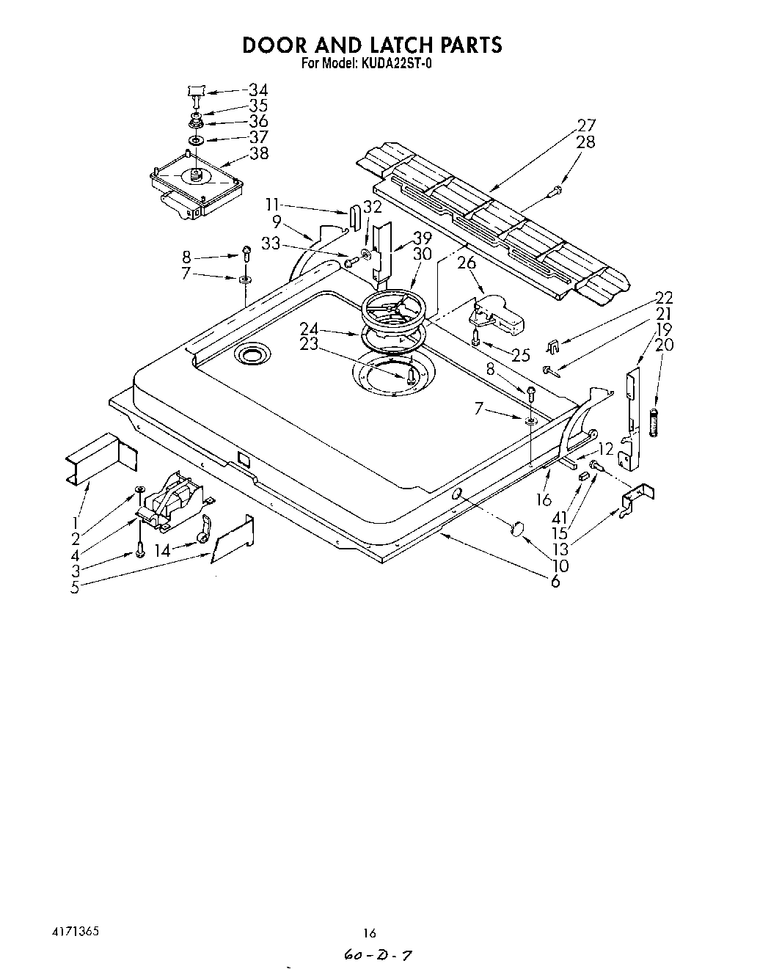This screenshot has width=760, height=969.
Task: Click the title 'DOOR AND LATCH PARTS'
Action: tap(372, 45)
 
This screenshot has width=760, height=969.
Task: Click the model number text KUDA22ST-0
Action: tap(396, 63)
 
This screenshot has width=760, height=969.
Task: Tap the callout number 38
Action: tap(259, 153)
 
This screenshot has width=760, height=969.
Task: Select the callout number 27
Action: tap(586, 125)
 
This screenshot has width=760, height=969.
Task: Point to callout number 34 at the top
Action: tap(258, 89)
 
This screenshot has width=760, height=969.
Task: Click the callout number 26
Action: tap(467, 263)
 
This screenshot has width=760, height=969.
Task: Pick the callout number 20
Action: tap(664, 345)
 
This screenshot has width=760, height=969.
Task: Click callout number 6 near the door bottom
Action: tap(555, 582)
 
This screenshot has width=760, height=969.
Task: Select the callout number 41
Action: tap(560, 518)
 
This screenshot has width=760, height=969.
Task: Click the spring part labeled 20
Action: tap(654, 423)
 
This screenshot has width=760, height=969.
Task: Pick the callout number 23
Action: tap(309, 343)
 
